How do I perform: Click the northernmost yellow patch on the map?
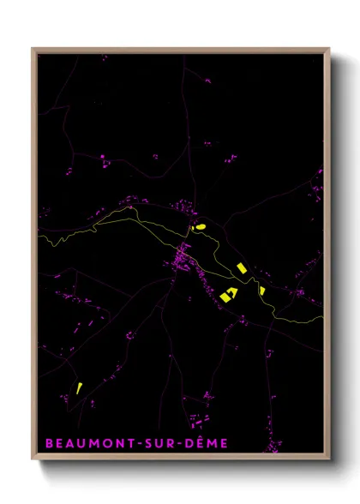(x=201, y=227)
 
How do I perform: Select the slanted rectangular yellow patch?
(x=242, y=267)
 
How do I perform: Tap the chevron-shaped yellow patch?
(x=229, y=294)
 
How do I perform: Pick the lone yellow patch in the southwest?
(x=79, y=387)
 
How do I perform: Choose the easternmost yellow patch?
(x=262, y=291)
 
